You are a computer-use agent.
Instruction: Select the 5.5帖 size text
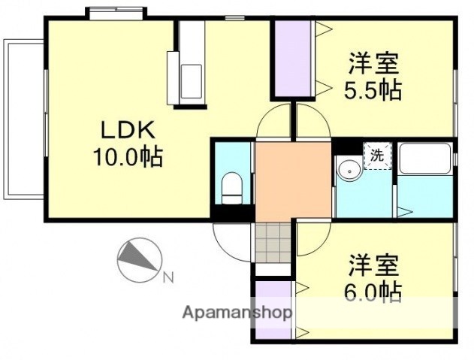click(x=373, y=90)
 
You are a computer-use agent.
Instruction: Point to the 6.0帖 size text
click(x=373, y=290)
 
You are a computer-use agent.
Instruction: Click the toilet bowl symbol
click(x=232, y=187)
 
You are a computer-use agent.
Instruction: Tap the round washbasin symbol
click(x=348, y=169)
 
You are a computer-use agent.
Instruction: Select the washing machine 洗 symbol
click(x=377, y=156)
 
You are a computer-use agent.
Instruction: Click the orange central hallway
click(x=293, y=180)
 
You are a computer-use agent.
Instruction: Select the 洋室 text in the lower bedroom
click(x=373, y=265)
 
